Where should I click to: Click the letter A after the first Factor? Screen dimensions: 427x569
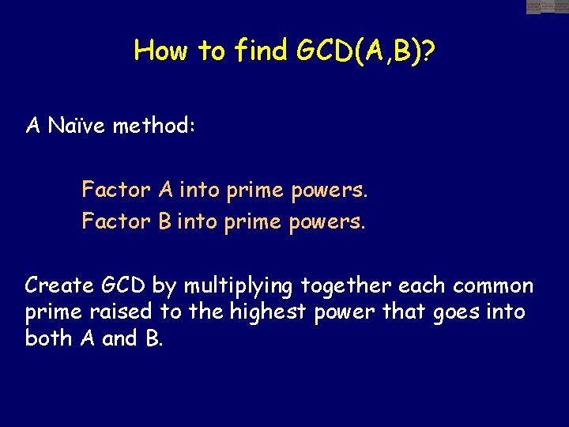[166, 190]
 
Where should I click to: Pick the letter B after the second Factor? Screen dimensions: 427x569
[164, 221]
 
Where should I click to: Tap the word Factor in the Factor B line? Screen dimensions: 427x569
[115, 221]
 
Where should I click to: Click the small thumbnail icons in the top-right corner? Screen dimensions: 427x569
[547, 7]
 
